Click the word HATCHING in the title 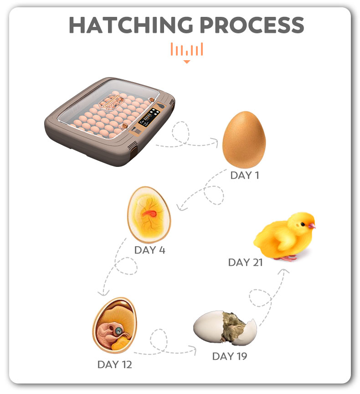131,25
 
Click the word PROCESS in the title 252,25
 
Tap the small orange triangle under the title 186,62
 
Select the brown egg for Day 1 244,140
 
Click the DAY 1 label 245,175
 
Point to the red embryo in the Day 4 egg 149,213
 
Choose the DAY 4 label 149,250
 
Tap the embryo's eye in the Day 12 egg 118,331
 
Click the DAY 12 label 114,364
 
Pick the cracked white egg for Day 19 225,328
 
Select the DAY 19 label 230,356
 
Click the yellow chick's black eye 303,224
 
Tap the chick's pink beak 312,226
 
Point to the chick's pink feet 286,258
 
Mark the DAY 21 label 245,262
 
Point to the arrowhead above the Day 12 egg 103,293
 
